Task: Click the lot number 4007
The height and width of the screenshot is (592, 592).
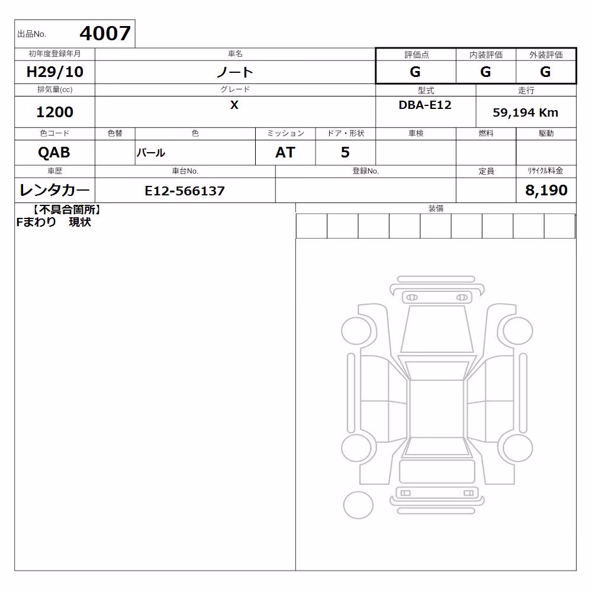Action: point(105,33)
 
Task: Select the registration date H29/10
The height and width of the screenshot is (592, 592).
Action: point(54,72)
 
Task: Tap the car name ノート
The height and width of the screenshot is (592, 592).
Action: point(234,72)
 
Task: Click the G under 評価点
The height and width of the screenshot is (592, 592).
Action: point(415,72)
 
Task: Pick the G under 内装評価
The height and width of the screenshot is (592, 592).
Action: point(485,72)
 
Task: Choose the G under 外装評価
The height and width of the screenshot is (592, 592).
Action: point(545,72)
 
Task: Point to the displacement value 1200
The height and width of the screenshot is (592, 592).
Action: point(54,112)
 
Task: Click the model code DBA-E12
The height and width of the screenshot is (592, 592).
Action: point(425,105)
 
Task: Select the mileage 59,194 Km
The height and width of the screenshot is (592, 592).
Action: point(526,112)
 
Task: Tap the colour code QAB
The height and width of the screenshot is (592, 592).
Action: point(54,153)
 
